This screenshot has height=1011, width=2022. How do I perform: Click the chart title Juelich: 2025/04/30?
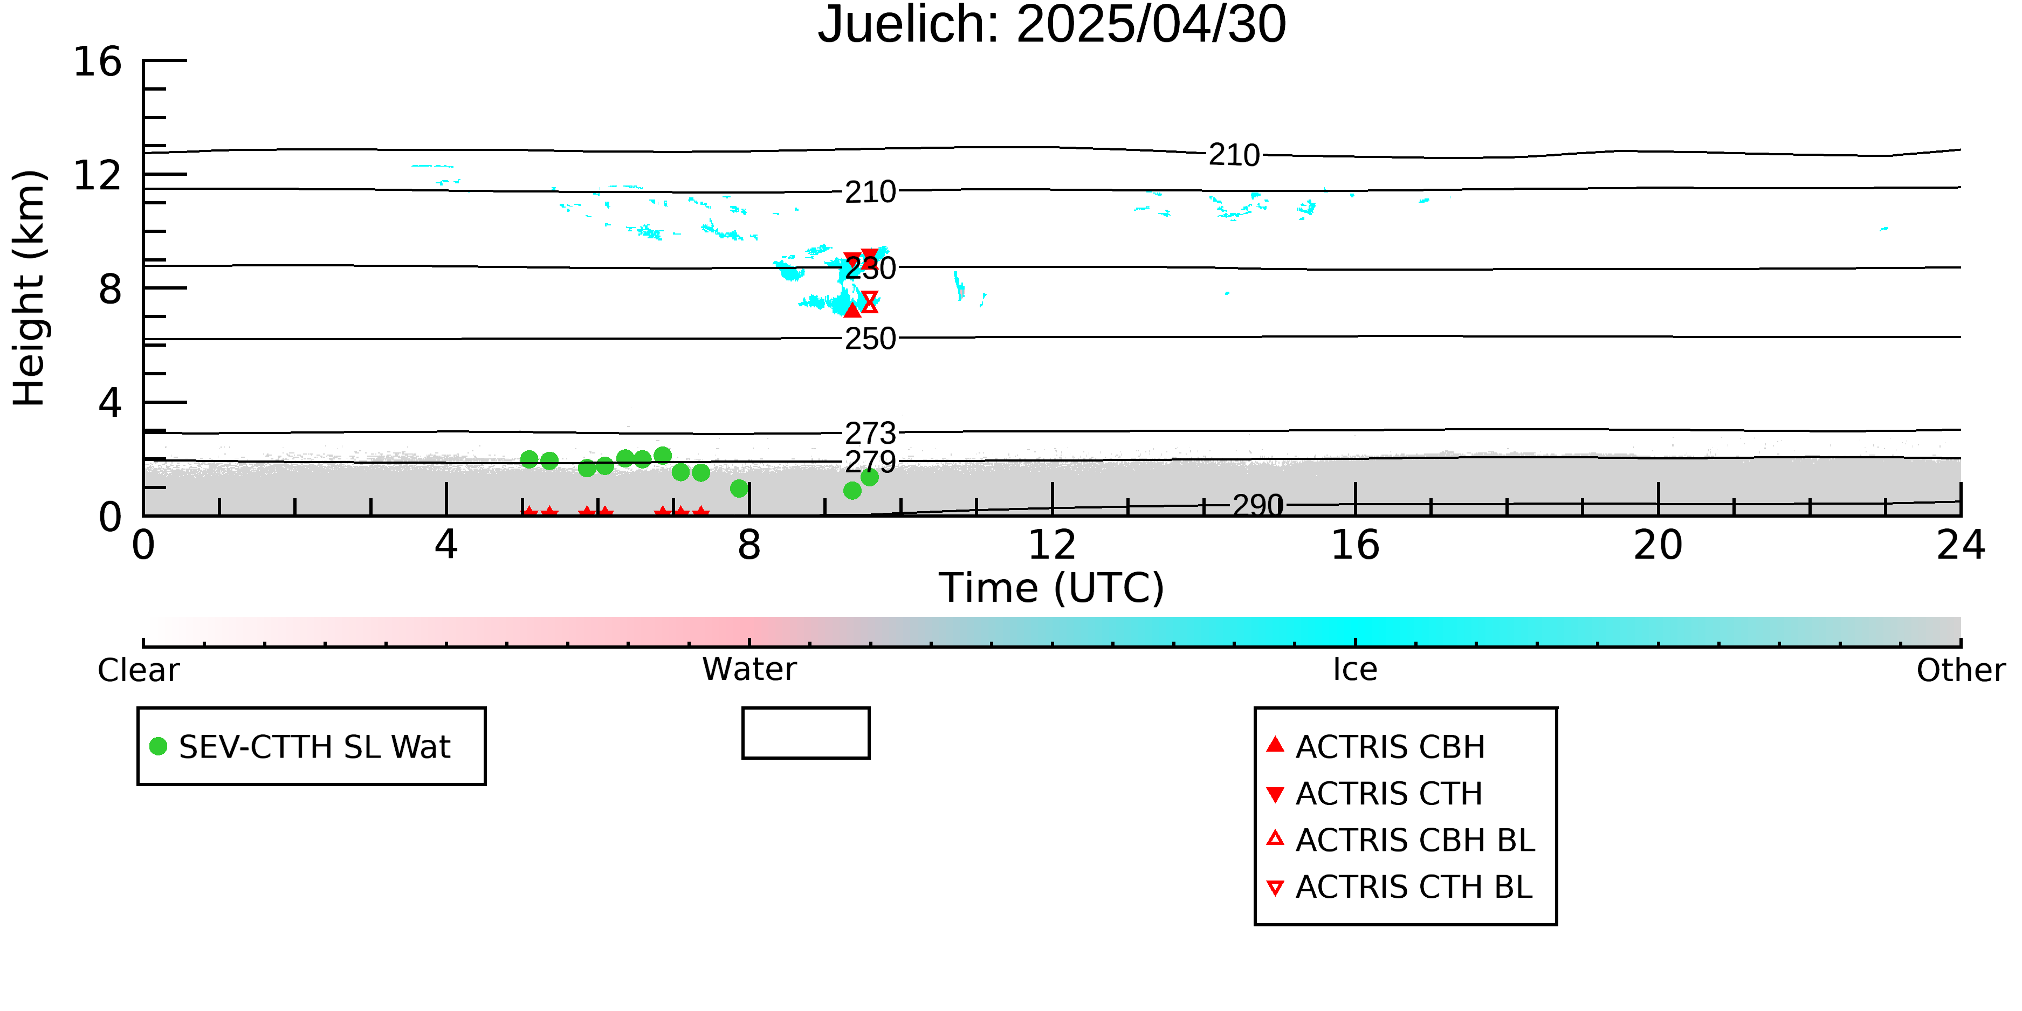1052,25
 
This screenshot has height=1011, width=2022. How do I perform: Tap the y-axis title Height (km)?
29,288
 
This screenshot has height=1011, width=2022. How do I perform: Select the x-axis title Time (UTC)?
1052,588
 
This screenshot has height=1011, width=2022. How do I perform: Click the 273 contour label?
870,432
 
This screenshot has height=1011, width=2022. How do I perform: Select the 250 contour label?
870,338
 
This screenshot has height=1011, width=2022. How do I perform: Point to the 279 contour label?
870,462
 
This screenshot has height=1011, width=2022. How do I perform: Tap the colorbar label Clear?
138,670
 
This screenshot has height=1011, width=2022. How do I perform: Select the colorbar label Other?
1961,670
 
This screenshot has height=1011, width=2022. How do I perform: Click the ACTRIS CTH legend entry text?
1388,794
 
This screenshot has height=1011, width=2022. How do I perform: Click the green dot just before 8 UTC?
739,488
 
